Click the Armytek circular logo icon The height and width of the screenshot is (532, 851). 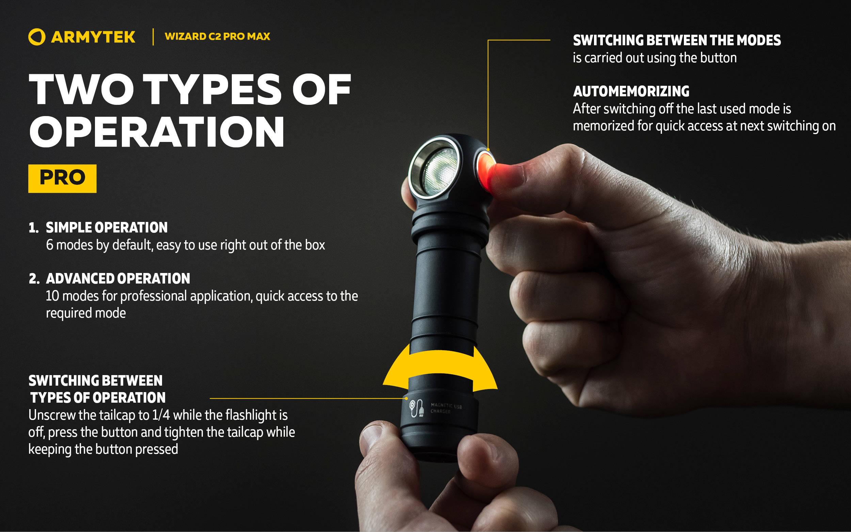pos(36,37)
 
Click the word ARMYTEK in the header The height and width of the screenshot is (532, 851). pos(93,37)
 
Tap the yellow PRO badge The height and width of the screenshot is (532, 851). pos(62,178)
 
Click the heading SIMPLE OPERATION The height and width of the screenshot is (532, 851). pos(107,227)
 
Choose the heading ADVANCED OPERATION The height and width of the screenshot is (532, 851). pos(118,278)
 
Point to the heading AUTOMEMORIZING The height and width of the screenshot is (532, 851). pos(631,91)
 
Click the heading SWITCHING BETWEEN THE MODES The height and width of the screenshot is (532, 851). pos(677,40)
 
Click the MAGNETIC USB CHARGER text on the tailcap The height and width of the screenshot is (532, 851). pos(446,408)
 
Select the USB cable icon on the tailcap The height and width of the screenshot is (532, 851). pos(416,408)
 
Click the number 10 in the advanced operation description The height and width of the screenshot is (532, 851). pos(52,296)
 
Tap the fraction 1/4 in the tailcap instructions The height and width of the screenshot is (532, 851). pos(161,415)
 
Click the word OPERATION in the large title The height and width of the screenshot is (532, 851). pos(157,132)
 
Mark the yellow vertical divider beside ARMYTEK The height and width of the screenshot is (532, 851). pos(153,37)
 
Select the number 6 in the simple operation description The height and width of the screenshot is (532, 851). pos(50,245)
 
